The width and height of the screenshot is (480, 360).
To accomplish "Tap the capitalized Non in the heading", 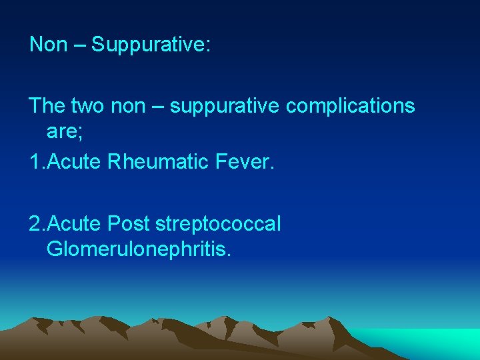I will click(49, 45).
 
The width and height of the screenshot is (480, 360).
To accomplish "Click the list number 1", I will click(35, 161).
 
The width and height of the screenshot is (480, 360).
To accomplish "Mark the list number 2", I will click(35, 224).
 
